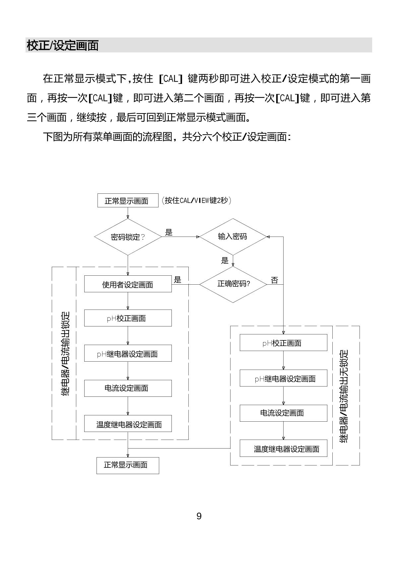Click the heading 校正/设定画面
(x=63, y=45)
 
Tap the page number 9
(x=199, y=516)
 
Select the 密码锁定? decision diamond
(x=128, y=237)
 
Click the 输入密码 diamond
(x=233, y=237)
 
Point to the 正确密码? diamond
(x=233, y=284)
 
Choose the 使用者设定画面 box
(x=128, y=284)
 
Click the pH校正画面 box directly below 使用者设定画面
(x=128, y=318)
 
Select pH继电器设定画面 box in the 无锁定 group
(x=284, y=379)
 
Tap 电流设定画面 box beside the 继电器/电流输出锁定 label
(x=128, y=388)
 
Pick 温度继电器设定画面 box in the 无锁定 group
(x=284, y=449)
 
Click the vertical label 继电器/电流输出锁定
(x=66, y=354)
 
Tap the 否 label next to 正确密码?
(x=274, y=280)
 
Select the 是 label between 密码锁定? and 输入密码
(x=169, y=232)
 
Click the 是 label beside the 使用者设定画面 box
(x=178, y=280)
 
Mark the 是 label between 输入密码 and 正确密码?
(x=225, y=260)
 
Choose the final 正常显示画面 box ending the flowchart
(x=128, y=465)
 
